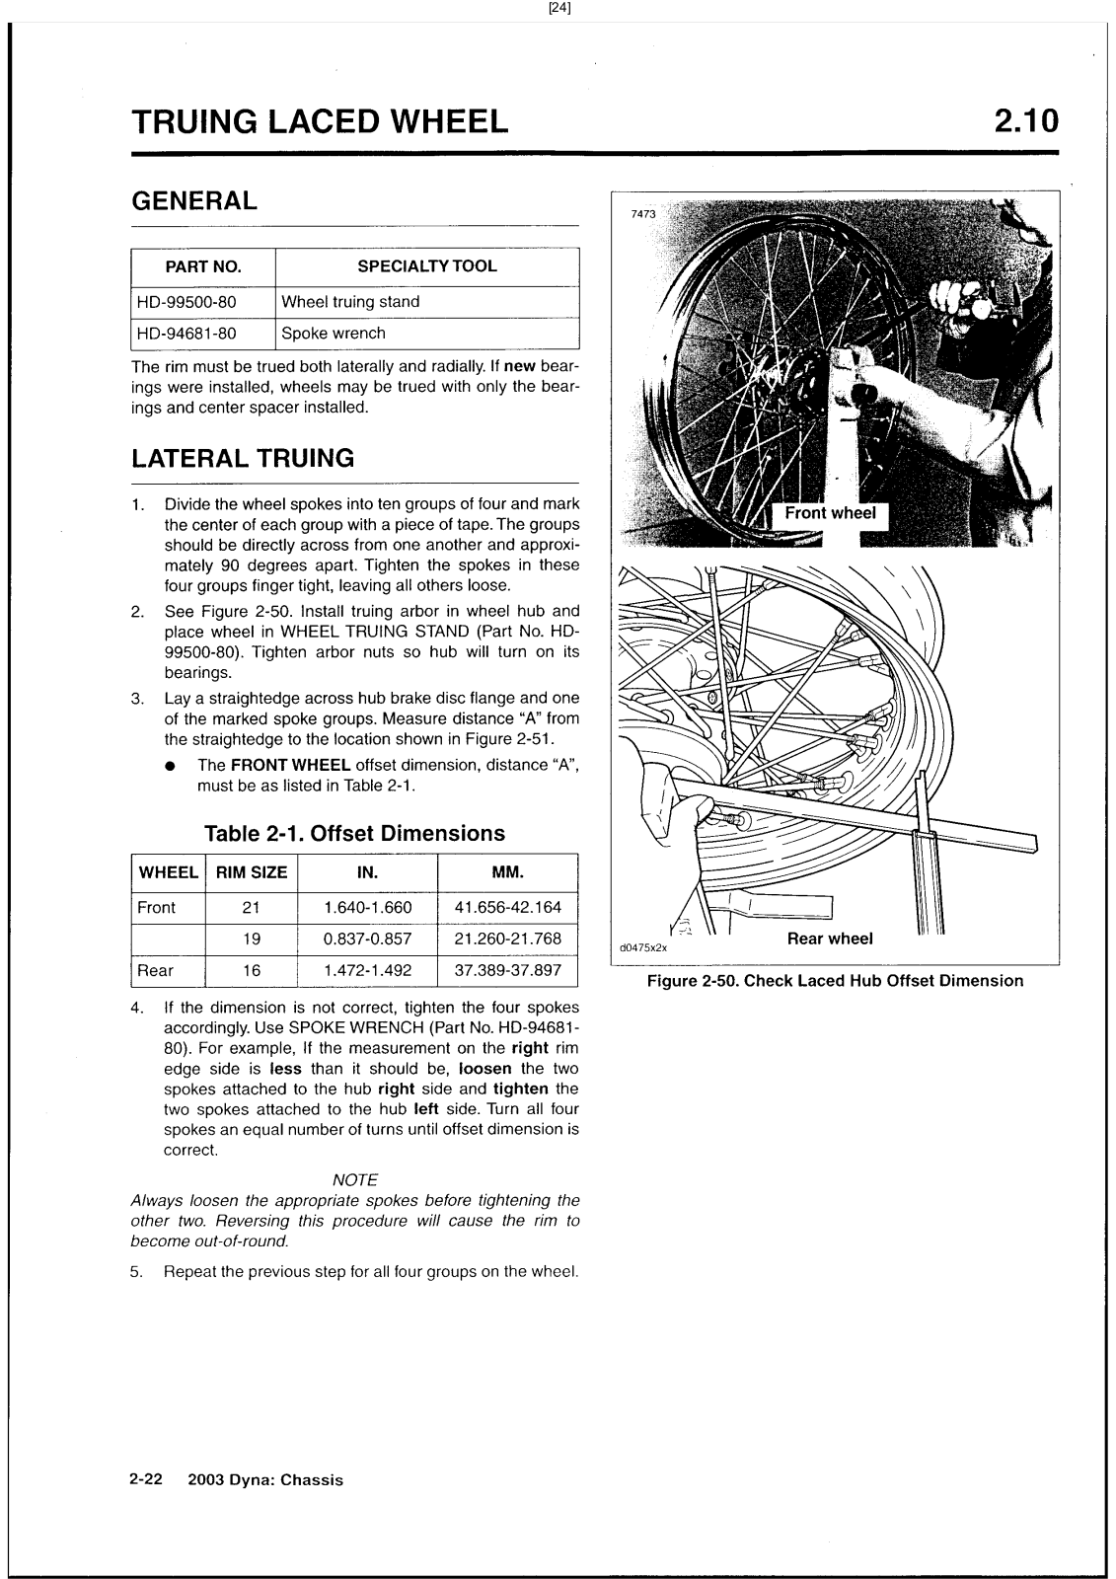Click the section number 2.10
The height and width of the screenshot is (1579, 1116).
point(1025,121)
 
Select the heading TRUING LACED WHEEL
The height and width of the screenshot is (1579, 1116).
point(321,121)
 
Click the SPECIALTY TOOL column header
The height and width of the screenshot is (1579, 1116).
point(426,266)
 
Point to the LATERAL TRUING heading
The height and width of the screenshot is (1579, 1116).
point(243,458)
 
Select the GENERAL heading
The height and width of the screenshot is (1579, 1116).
point(194,200)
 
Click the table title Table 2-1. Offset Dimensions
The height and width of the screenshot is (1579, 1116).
point(354,833)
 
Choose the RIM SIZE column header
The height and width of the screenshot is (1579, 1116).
point(252,872)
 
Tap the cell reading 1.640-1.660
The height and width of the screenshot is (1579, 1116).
point(367,908)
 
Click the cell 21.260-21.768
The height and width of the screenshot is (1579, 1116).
point(507,939)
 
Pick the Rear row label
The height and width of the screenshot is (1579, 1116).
point(156,970)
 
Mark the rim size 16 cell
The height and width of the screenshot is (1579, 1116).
point(252,970)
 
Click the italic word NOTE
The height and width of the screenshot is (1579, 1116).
point(355,1180)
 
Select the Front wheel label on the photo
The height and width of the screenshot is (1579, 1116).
point(830,513)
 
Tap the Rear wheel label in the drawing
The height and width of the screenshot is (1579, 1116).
point(830,939)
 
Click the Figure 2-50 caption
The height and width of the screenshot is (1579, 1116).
point(835,981)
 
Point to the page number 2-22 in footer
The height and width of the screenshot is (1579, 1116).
point(146,1479)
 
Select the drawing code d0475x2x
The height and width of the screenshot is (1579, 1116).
point(643,947)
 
